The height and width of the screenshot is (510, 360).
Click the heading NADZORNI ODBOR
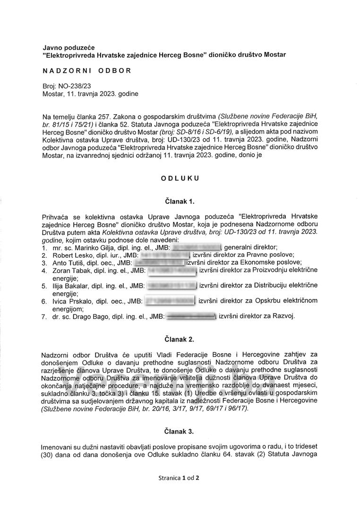(87, 71)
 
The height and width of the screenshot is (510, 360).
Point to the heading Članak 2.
(180, 339)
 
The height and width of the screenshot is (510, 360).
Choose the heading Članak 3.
(180, 431)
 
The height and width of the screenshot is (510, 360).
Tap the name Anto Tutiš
(66, 262)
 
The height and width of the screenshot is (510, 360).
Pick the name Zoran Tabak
(69, 270)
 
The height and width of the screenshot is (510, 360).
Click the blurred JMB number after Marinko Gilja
(196, 247)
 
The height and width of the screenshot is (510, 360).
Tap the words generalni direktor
(250, 247)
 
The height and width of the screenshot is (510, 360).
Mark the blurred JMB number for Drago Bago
(190, 316)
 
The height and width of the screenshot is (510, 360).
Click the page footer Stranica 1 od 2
(180, 477)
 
